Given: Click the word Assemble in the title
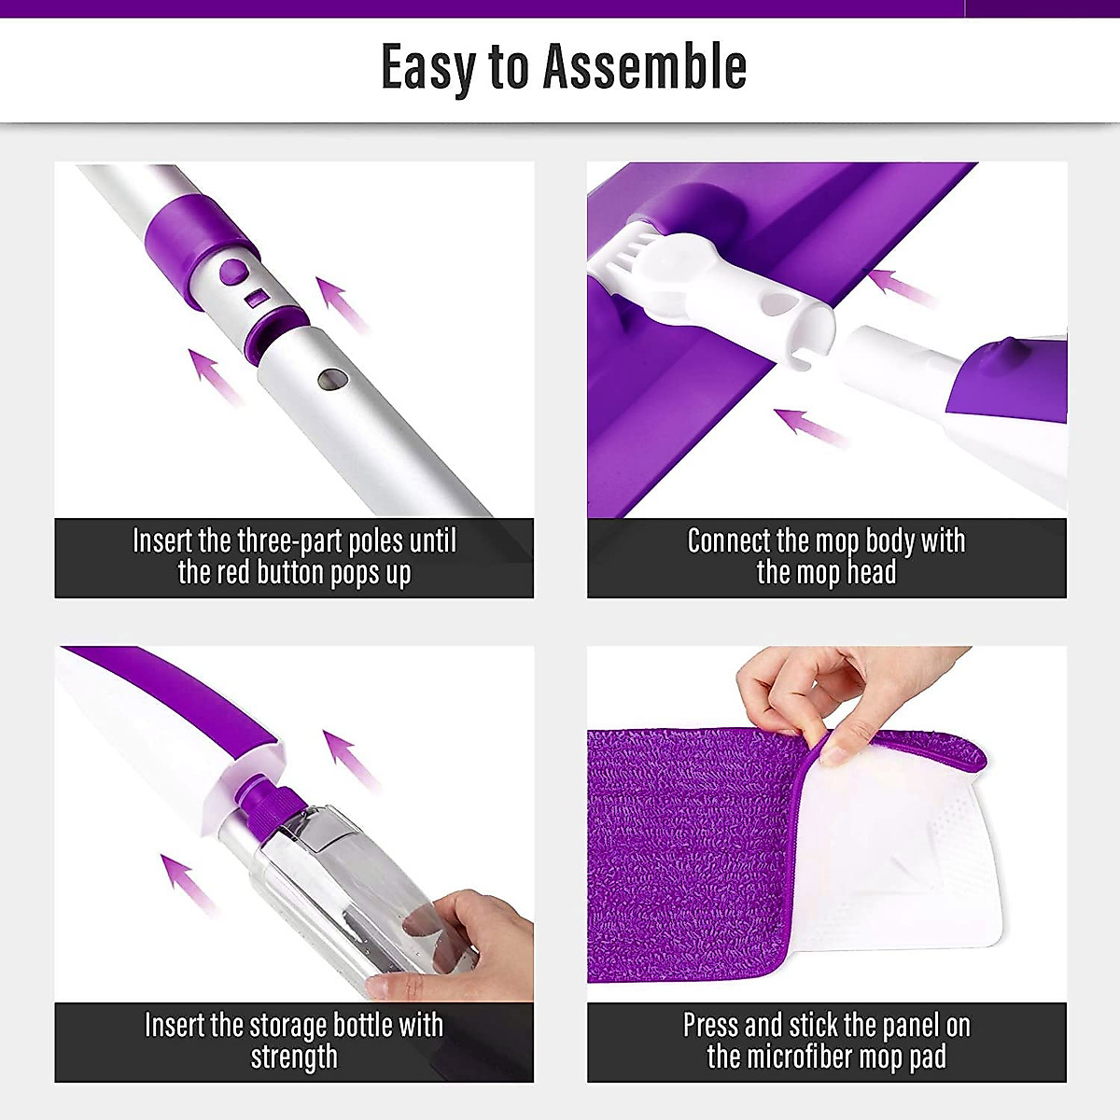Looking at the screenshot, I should (x=645, y=66).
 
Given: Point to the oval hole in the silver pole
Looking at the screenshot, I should (x=332, y=379).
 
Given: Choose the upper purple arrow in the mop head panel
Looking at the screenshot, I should (x=898, y=285).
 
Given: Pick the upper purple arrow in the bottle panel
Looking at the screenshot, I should (x=348, y=757).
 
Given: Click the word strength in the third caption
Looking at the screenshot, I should (x=294, y=1057).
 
